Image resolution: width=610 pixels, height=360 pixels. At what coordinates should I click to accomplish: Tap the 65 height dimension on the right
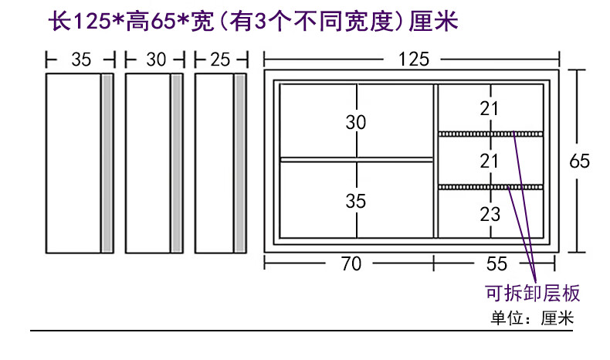pos(579,161)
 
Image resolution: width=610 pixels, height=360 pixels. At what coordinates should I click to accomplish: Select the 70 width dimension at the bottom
pos(351,263)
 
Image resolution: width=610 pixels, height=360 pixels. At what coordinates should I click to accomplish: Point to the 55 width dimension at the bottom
pos(497,263)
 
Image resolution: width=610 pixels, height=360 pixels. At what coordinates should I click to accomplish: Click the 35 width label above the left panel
pos(80,59)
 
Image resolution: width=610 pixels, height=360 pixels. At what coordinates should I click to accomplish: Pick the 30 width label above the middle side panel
pos(155,59)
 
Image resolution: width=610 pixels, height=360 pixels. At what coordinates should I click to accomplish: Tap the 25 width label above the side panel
pos(220,59)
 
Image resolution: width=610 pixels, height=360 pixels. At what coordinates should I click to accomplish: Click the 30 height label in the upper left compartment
pos(356,122)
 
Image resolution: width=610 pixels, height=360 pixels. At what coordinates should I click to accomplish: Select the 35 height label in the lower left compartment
pos(356,201)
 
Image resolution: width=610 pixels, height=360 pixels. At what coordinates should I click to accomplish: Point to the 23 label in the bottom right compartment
pos(490,215)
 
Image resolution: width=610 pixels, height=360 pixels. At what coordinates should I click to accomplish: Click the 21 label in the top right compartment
pos(490,109)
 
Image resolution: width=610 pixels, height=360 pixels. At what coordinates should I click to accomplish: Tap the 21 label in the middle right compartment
pos(490,161)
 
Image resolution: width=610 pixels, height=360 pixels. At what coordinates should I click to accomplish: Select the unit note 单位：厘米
pos(532,318)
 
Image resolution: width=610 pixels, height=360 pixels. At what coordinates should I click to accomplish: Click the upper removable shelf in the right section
pos(491,134)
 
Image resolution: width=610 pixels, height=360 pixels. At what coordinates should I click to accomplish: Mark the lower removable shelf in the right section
pos(491,187)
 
